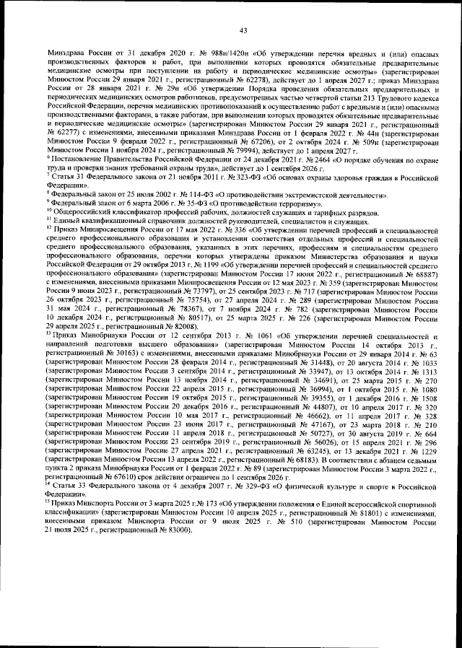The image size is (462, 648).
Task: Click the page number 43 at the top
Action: [243, 30]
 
